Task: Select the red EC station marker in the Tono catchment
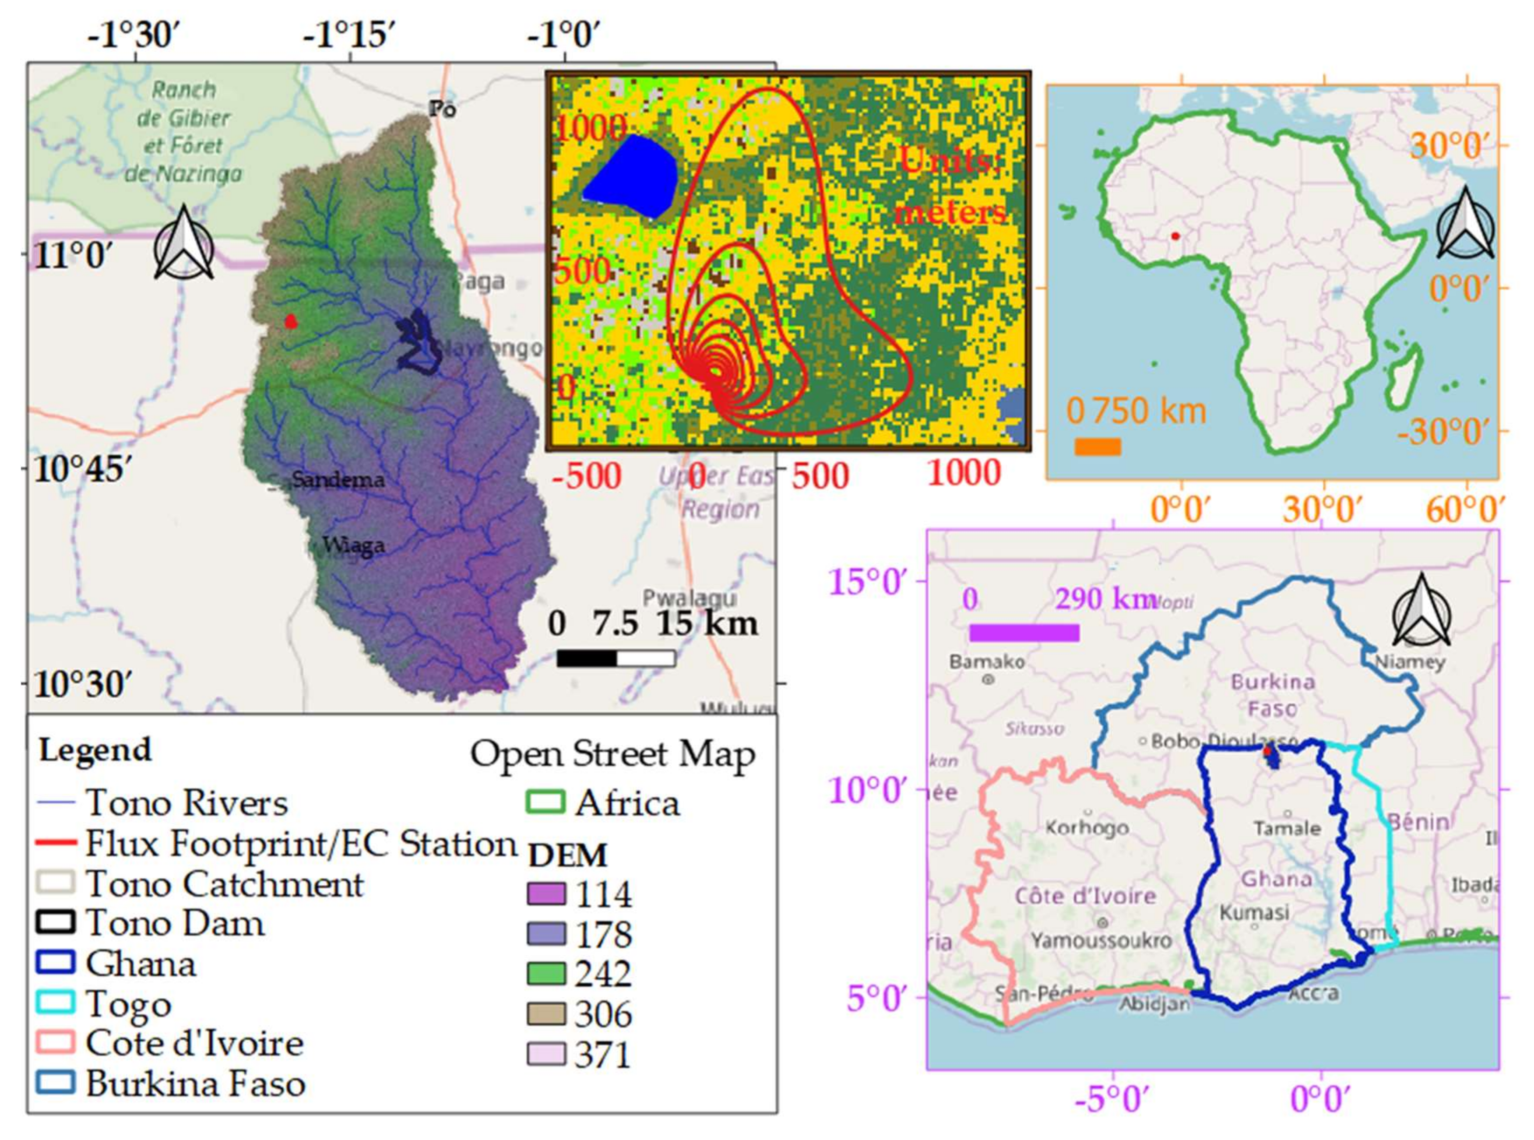tap(291, 321)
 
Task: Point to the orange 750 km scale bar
tap(1097, 447)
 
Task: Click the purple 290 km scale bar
tap(1024, 632)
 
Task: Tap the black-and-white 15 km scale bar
tap(616, 658)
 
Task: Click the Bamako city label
tap(987, 661)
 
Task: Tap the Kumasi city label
tap(1254, 912)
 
